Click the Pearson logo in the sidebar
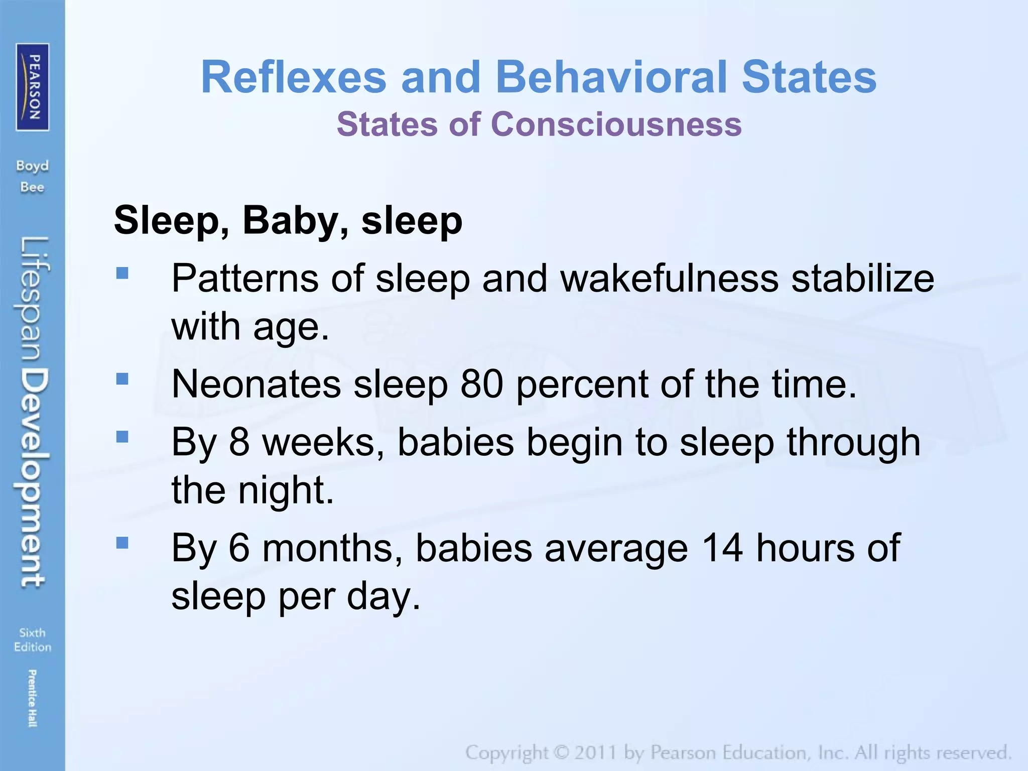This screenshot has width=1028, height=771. coord(33,87)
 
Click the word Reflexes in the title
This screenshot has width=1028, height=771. coord(294,77)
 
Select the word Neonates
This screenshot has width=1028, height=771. coord(256,384)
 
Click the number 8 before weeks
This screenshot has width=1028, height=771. coord(239,442)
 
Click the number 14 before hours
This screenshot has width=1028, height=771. coord(722,548)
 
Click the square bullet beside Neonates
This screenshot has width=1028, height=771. coord(122,378)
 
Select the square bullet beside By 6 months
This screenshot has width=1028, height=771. coord(122,543)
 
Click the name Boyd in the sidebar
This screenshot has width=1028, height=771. coord(33,166)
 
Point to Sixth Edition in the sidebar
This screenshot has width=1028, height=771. coord(33,639)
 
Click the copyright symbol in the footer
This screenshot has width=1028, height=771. coord(562,752)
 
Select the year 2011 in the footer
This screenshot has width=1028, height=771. coord(596,752)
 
